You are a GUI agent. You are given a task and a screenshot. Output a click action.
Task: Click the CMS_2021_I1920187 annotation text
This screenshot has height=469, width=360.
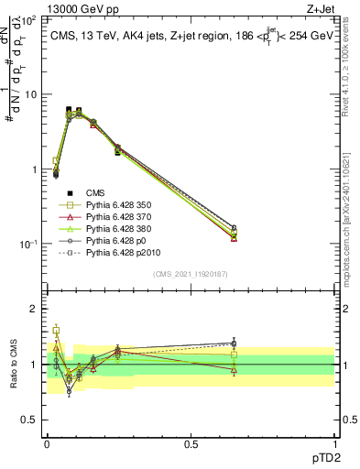click(x=191, y=274)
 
